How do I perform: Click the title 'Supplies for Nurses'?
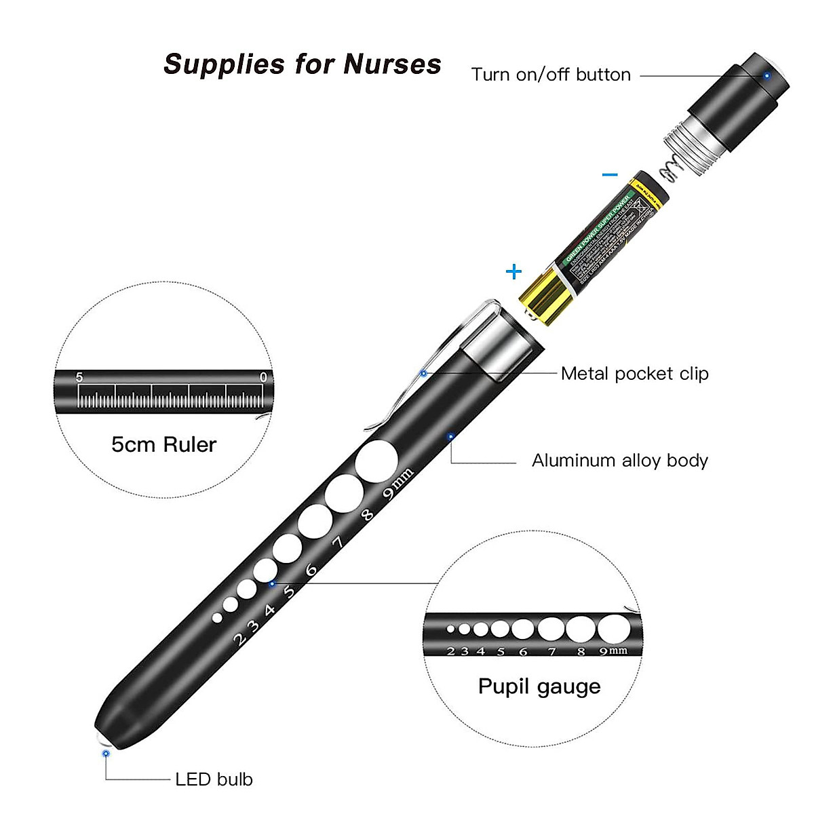[x=303, y=64]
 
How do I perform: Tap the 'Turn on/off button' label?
[x=551, y=75]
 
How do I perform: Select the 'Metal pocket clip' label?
[x=634, y=374]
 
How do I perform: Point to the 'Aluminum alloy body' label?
[x=619, y=461]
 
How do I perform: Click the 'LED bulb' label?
[x=214, y=779]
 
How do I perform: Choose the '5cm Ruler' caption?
[x=163, y=445]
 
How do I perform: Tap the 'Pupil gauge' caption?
[x=539, y=686]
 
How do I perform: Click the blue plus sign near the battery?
[x=514, y=272]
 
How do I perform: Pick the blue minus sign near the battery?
[x=610, y=174]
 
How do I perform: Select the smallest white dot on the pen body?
[x=217, y=617]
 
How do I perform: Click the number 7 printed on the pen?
[x=339, y=542]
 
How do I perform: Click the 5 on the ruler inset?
[x=79, y=377]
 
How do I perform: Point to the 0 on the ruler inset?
[x=263, y=377]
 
